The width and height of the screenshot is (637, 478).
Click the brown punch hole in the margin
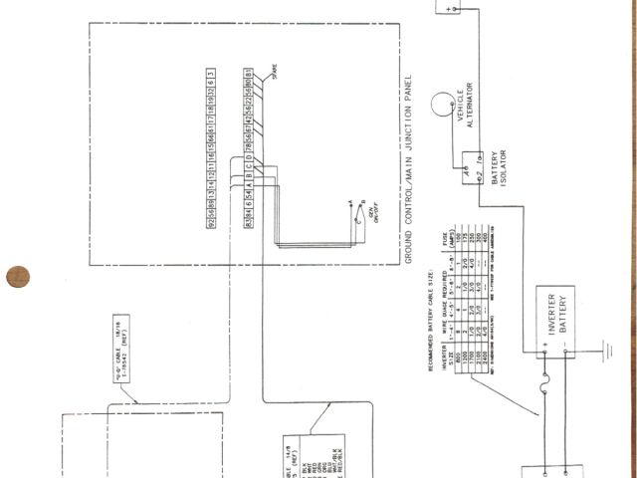click(x=18, y=276)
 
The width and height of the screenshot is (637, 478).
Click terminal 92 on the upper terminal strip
click(x=210, y=221)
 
